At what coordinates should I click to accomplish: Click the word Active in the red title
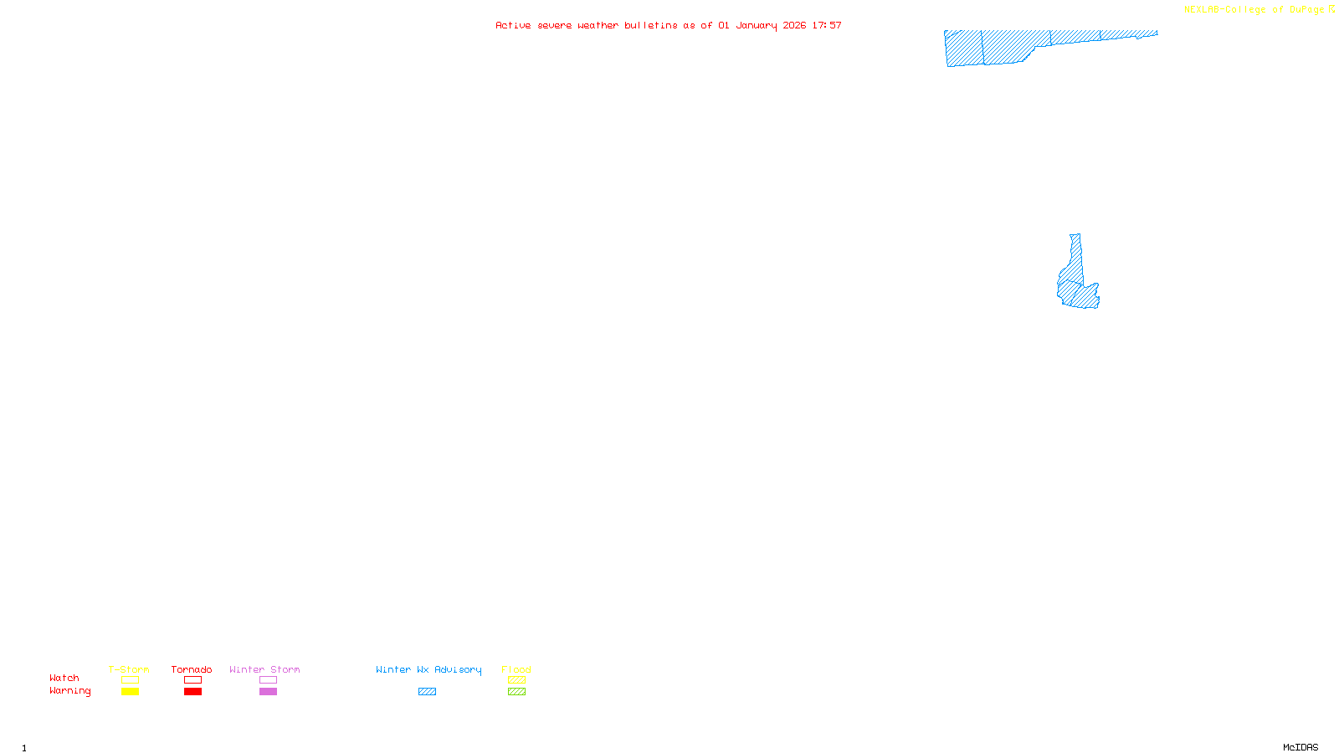point(513,25)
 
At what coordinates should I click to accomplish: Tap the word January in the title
point(756,25)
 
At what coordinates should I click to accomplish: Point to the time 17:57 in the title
point(826,25)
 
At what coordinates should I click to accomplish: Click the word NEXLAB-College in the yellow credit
point(1224,10)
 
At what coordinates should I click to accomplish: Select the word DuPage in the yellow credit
point(1306,10)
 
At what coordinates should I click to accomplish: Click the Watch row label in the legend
point(64,678)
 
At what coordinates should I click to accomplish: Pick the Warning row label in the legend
point(69,691)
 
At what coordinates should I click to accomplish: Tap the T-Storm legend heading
point(129,669)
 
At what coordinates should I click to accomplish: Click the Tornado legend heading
point(192,669)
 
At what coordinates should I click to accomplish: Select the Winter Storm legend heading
point(264,669)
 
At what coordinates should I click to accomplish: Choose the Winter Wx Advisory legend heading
point(428,669)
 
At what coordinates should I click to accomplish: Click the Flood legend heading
point(516,669)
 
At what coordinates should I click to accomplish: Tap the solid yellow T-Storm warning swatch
point(130,692)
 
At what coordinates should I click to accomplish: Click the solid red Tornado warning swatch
point(192,692)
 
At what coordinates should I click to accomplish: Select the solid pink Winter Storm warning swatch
point(268,692)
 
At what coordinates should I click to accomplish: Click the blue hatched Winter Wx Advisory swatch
point(427,692)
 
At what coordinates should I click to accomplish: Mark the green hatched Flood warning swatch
point(516,692)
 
